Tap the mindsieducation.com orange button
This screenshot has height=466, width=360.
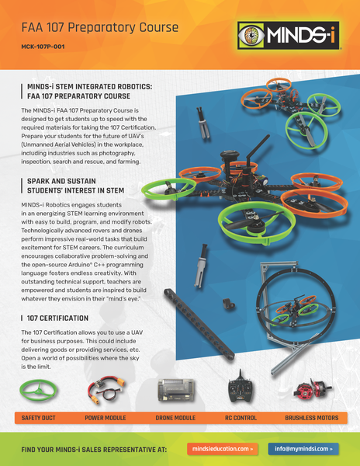223,448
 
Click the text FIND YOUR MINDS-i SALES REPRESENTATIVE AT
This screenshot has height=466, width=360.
95,449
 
